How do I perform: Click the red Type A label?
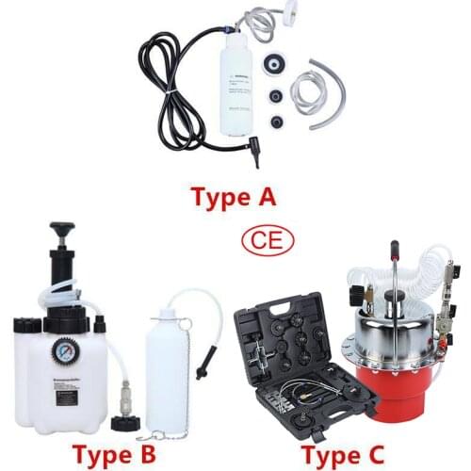click(x=233, y=199)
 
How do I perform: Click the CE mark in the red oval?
click(x=267, y=240)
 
